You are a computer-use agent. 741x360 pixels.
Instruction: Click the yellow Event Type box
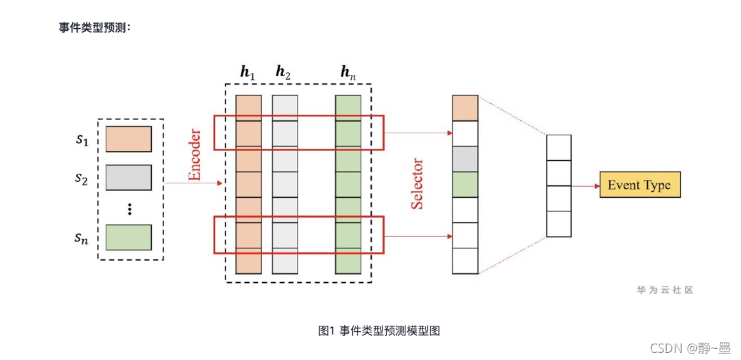pyautogui.click(x=640, y=184)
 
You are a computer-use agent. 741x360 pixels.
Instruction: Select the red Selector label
pyautogui.click(x=417, y=185)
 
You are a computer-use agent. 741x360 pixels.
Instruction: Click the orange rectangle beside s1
pyautogui.click(x=129, y=139)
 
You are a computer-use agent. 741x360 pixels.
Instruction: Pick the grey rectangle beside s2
pyautogui.click(x=129, y=177)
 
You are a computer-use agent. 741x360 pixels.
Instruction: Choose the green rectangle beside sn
pyautogui.click(x=129, y=237)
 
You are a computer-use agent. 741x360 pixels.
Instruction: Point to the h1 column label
pyautogui.click(x=248, y=72)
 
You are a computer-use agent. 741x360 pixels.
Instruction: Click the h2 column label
pyautogui.click(x=284, y=72)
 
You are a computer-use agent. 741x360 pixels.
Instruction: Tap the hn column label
pyautogui.click(x=348, y=72)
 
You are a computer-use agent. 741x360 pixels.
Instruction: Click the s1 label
pyautogui.click(x=83, y=141)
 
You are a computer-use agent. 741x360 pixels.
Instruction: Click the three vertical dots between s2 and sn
pyautogui.click(x=129, y=208)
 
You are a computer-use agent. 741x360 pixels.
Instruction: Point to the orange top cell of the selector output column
pyautogui.click(x=466, y=108)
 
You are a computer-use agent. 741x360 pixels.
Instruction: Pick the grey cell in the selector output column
pyautogui.click(x=466, y=159)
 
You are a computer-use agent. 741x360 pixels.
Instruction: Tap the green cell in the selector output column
pyautogui.click(x=466, y=184)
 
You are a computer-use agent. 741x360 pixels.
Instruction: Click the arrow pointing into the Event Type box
pyautogui.click(x=585, y=186)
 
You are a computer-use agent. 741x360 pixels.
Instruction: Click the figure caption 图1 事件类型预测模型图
pyautogui.click(x=379, y=330)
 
